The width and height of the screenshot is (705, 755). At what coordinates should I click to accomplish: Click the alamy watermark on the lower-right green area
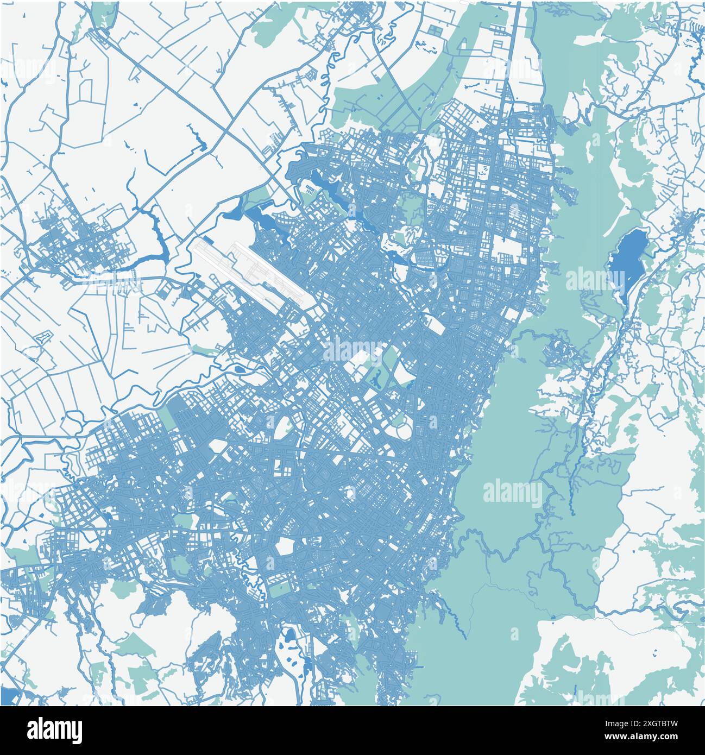(512, 492)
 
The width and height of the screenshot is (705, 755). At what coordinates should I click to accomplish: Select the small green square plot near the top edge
(435, 30)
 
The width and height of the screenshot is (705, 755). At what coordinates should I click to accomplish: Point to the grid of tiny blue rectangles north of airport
(309, 190)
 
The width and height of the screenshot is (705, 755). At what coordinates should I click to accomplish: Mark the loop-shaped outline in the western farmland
(41, 337)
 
